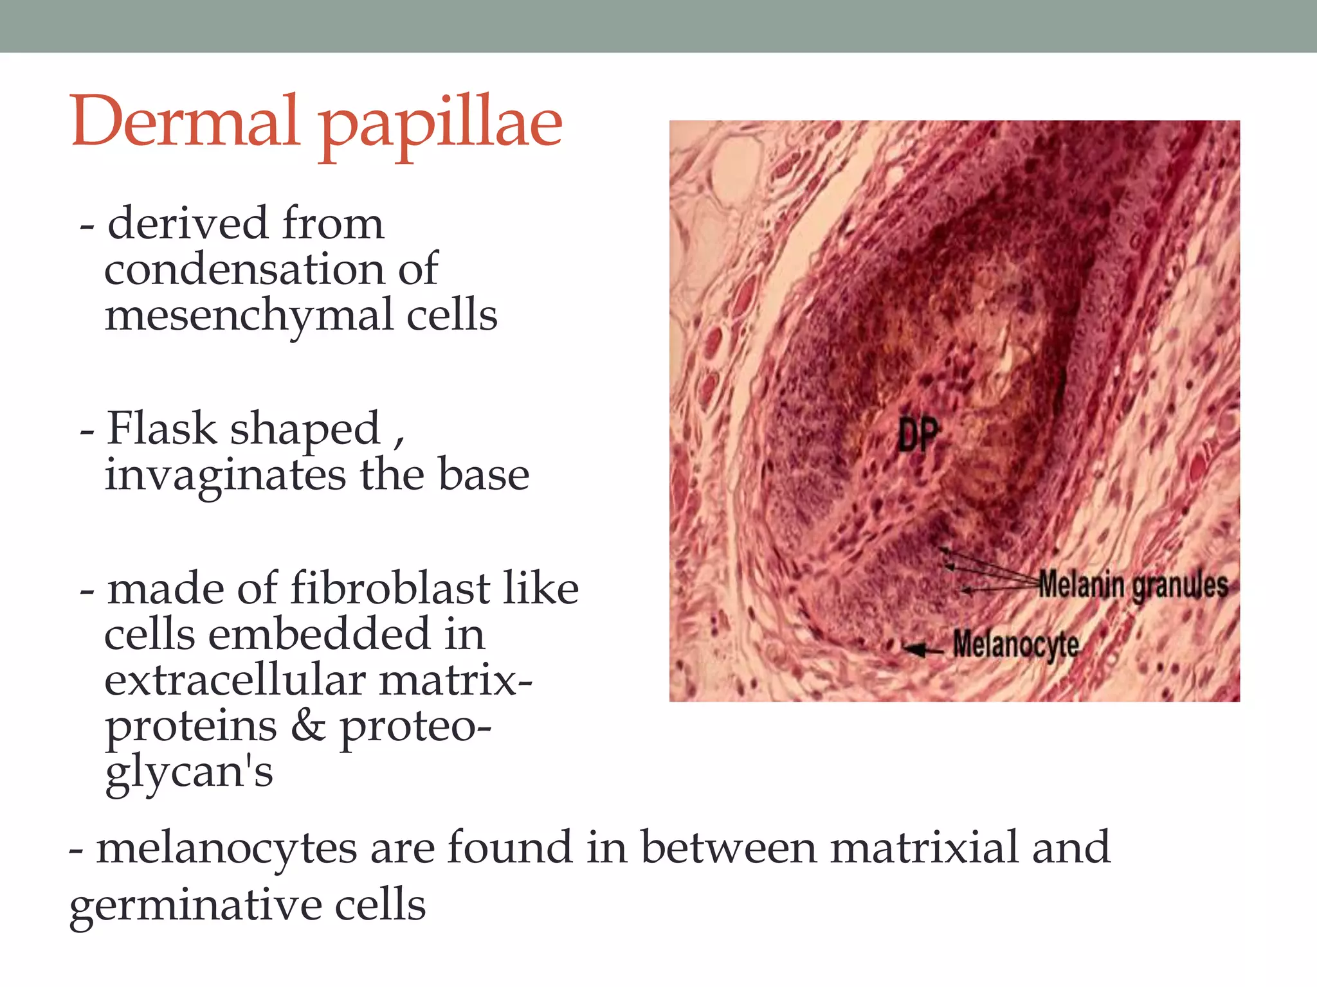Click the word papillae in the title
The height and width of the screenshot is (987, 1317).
point(441,125)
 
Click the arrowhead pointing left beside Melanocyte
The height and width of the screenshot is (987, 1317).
point(912,649)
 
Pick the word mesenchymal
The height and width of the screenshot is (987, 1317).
point(249,316)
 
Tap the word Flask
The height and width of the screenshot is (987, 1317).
point(162,429)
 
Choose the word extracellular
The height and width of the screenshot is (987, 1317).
point(235,680)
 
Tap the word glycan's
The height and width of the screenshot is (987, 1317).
point(189,773)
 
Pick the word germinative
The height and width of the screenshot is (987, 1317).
point(195,905)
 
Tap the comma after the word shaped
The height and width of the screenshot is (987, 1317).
point(399,441)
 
